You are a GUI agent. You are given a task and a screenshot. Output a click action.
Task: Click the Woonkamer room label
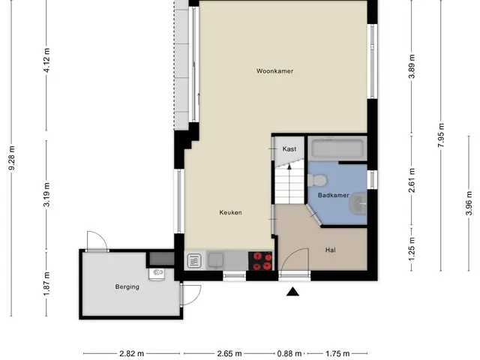point(274,71)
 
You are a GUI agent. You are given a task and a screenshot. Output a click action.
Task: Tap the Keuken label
point(230,212)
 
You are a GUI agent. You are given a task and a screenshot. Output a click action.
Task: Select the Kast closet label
point(289,149)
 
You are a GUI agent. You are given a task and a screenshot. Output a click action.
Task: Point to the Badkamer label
point(333,195)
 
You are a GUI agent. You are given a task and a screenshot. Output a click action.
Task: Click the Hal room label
point(331,250)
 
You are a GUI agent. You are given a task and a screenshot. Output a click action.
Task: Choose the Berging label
point(127,286)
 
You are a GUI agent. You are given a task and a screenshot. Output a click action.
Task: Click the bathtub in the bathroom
point(337,149)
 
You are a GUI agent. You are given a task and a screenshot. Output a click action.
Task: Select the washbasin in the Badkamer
point(358,203)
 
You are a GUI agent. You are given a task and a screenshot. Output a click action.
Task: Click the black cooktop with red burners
point(260,261)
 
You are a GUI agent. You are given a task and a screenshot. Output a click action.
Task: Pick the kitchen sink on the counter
point(217,260)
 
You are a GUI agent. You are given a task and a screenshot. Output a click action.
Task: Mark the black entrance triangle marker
point(292,292)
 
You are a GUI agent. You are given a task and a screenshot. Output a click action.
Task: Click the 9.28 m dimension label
point(12,158)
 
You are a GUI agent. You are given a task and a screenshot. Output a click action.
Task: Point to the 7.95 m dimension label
point(441,135)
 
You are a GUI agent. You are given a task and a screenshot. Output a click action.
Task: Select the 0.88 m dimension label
point(289,354)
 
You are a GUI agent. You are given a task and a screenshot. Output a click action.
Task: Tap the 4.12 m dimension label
point(46,60)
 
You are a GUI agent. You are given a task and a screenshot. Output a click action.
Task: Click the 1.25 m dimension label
point(412,249)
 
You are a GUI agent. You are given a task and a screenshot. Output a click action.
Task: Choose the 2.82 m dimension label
point(132,354)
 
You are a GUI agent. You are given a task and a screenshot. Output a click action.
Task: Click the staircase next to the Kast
point(289,184)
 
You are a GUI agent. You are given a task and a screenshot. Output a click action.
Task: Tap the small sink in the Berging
point(157,273)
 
